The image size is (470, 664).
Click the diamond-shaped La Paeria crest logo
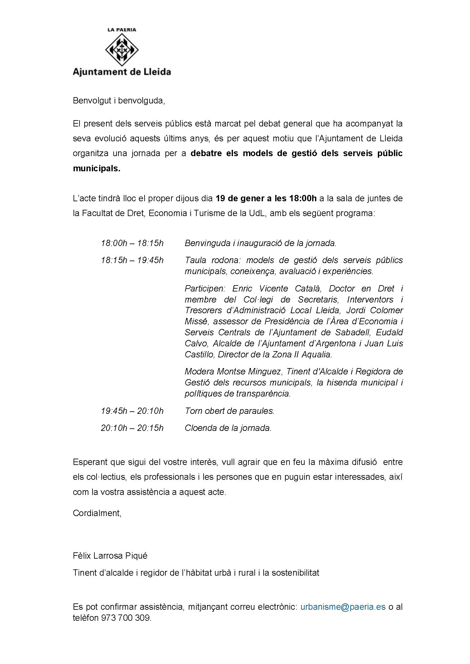[122, 50]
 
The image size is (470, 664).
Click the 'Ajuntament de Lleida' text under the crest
[122, 72]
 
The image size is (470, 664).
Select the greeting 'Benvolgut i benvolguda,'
[119, 101]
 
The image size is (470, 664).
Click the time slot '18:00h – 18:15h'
[132, 243]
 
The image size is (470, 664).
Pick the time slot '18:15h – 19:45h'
[132, 260]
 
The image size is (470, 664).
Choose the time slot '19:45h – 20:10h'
[132, 411]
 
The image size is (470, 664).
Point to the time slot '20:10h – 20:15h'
[132, 428]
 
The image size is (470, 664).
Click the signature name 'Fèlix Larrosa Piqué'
[110, 555]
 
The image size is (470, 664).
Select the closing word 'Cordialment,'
[97, 513]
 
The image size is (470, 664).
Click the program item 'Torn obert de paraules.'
[229, 411]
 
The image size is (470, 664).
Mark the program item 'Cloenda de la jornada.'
[228, 428]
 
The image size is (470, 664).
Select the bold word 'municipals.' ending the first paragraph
[97, 168]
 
